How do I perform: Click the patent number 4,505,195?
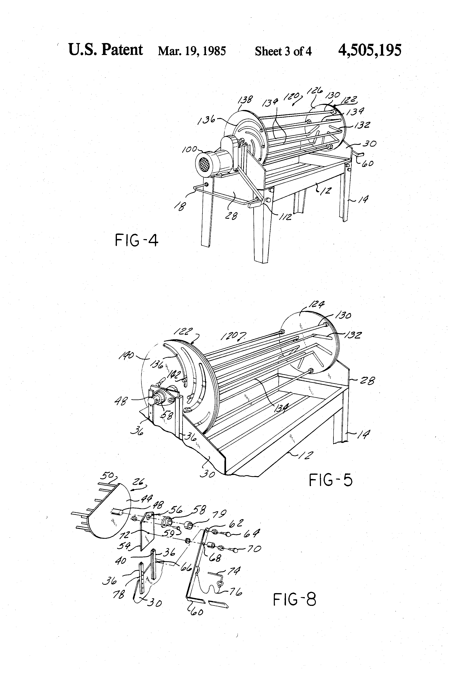pos(369,50)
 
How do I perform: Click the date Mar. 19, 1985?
pos(192,51)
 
